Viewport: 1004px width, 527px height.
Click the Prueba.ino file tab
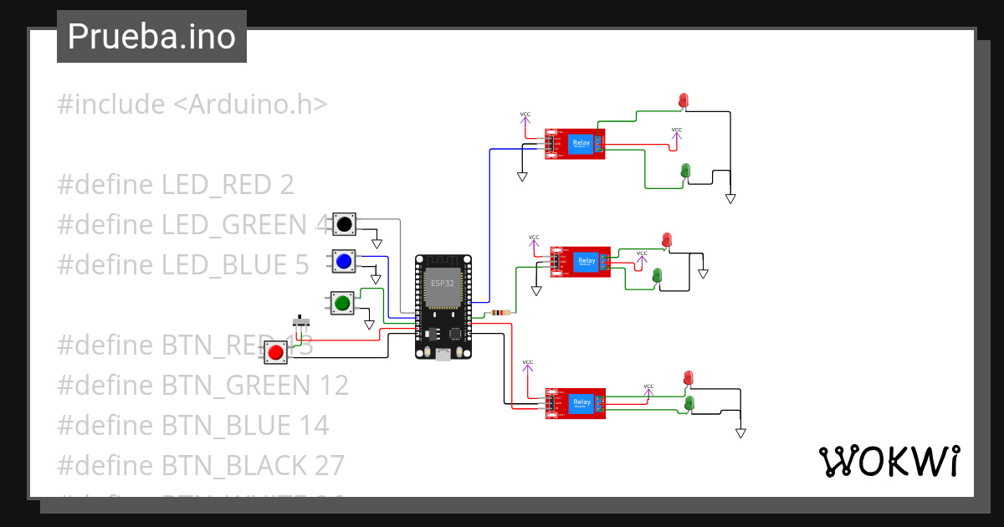click(151, 37)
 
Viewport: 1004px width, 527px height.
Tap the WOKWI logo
click(888, 461)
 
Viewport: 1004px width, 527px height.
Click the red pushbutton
click(275, 352)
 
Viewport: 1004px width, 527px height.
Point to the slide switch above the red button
click(301, 321)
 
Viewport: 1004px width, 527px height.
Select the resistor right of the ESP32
click(500, 313)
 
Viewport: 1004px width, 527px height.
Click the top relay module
click(575, 144)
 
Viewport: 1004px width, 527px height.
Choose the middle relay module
click(580, 261)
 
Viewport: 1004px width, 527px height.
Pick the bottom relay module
click(575, 402)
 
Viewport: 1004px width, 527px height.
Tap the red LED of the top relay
click(683, 100)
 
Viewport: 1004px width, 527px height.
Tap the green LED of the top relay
click(685, 171)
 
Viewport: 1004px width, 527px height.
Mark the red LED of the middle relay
click(667, 240)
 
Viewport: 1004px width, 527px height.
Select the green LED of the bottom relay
click(689, 404)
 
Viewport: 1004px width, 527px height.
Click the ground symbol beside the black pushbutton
click(376, 243)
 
